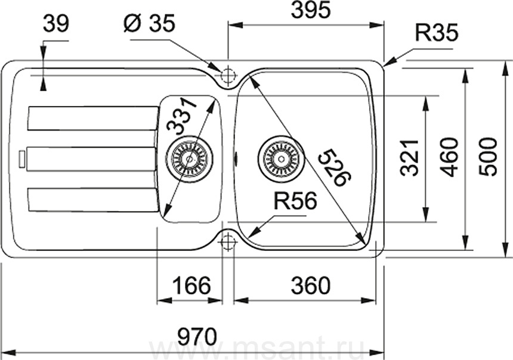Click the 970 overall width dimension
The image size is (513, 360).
pos(197,336)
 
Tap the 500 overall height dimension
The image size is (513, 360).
pos(487,157)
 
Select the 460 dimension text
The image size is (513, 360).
pos(449,157)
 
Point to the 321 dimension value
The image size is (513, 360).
pos(410,158)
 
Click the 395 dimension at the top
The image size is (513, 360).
pos(311,11)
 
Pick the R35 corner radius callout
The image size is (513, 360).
pos(437,33)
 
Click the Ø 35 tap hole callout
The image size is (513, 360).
pos(150,23)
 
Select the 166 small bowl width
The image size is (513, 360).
pos(191,285)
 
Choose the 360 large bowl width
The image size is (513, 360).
pos(310,285)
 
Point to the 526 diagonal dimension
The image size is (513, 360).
pos(335,166)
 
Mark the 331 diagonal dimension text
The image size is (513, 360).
pos(182,117)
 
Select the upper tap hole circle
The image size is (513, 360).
pos(228,76)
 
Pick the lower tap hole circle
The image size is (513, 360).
pos(228,243)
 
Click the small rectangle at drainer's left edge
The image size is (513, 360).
pos(21,159)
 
